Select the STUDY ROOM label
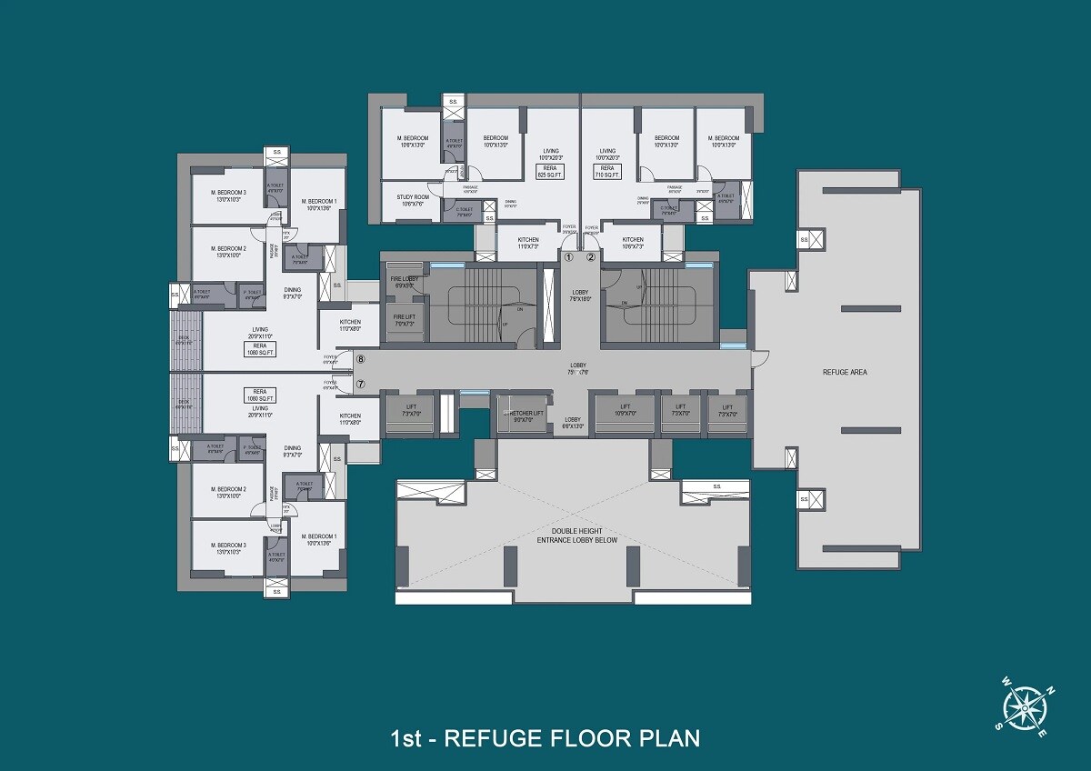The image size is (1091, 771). (x=412, y=200)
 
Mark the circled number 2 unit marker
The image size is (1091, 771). (x=590, y=257)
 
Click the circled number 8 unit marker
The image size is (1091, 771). (x=360, y=361)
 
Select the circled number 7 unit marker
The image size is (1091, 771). (x=360, y=384)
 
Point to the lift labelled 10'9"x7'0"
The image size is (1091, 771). (x=626, y=410)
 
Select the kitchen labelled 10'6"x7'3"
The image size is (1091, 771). (x=633, y=243)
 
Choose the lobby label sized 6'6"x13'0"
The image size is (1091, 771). (x=572, y=423)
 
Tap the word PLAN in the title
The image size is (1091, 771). (x=666, y=736)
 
